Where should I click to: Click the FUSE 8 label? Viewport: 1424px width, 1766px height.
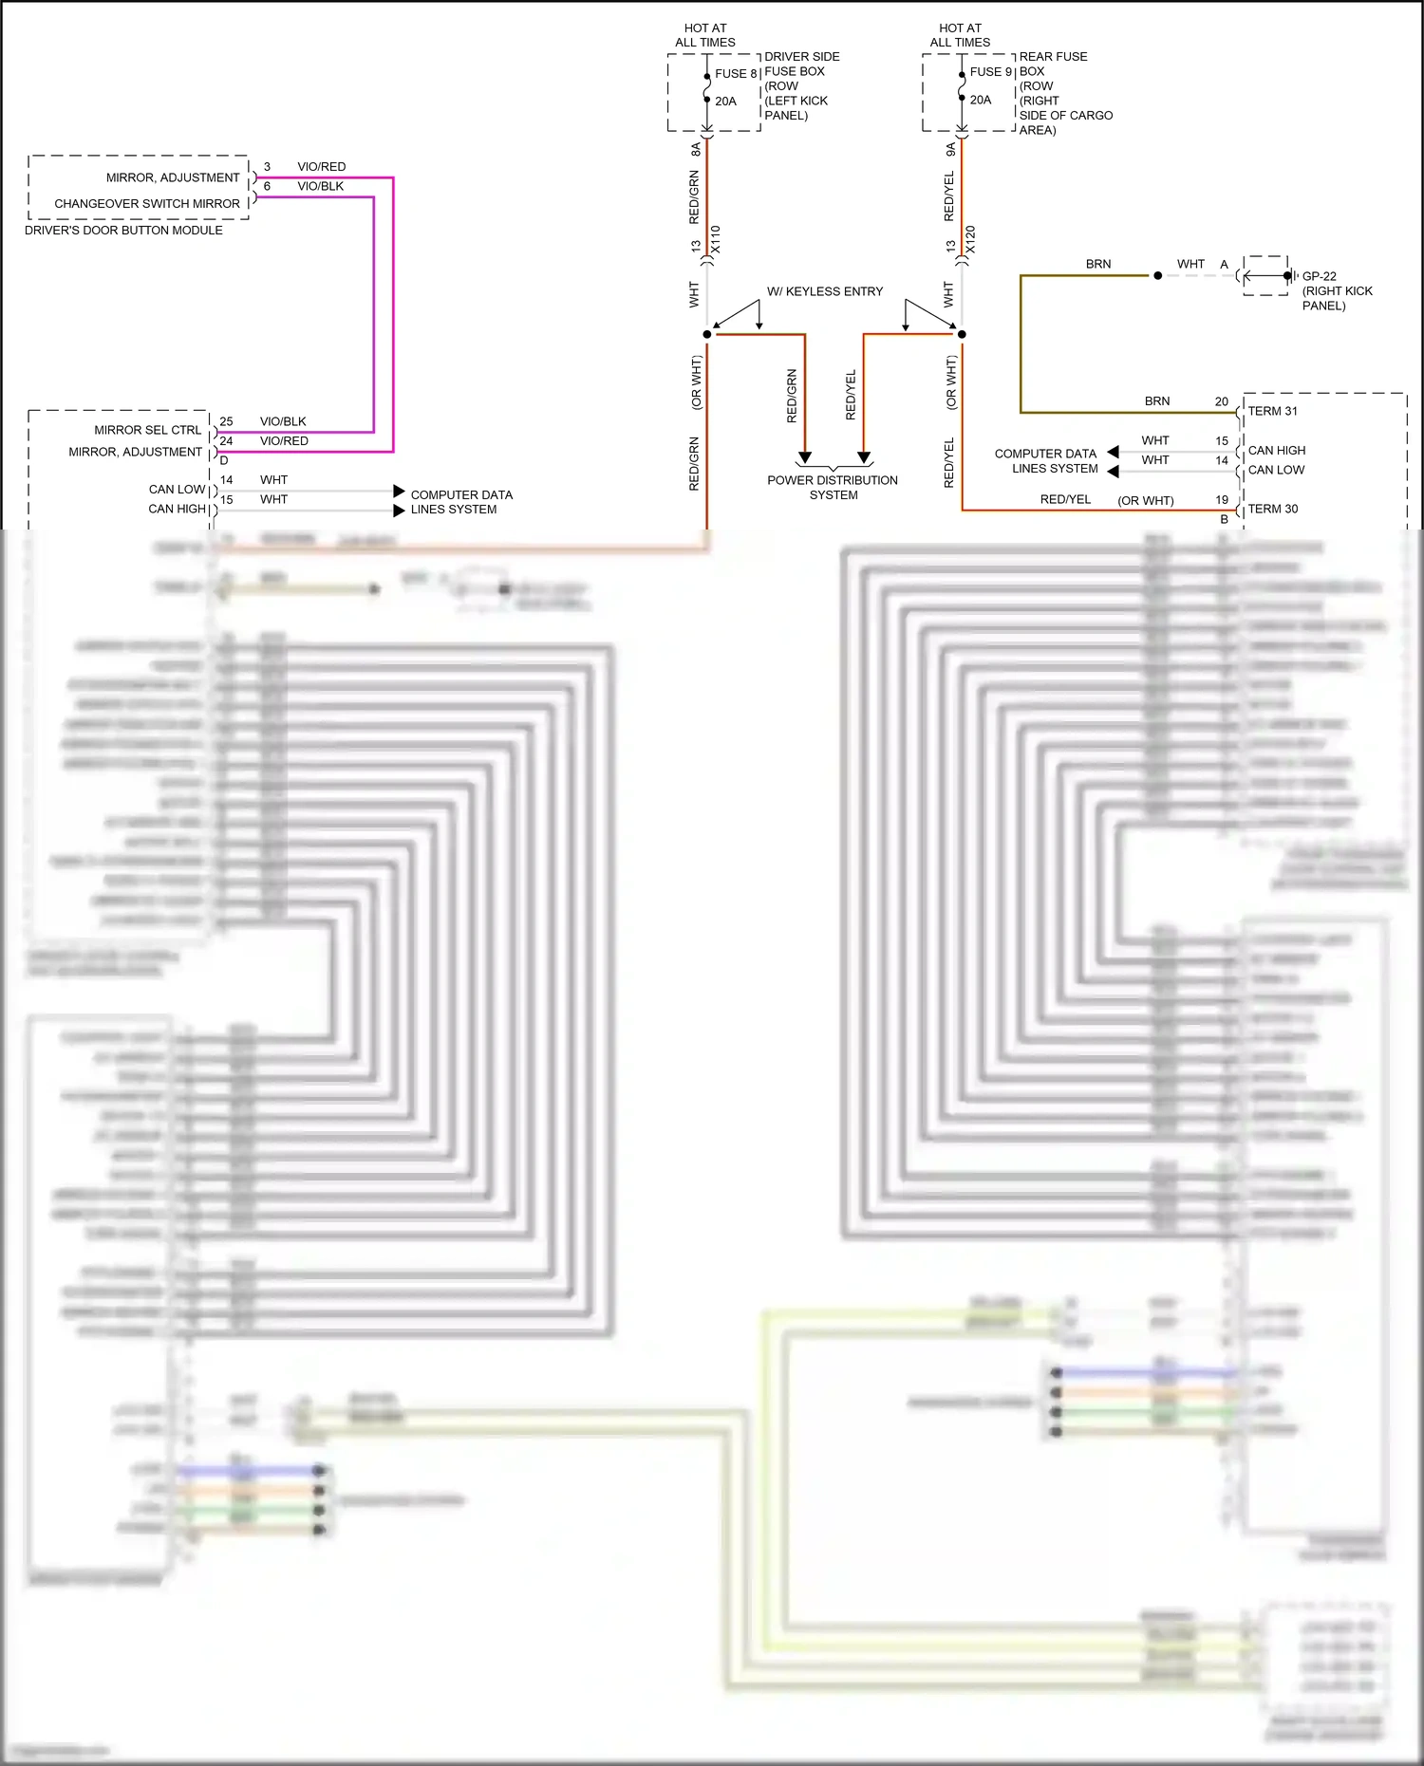pyautogui.click(x=736, y=73)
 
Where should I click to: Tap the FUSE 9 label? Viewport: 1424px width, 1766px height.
pyautogui.click(x=990, y=72)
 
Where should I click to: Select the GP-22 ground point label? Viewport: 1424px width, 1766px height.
pyautogui.click(x=1319, y=276)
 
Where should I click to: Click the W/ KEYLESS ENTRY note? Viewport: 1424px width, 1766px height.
pyautogui.click(x=825, y=291)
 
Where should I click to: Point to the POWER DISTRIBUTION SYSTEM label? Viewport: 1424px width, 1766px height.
pyautogui.click(x=833, y=488)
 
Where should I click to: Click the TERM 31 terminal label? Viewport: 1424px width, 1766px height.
pyautogui.click(x=1272, y=411)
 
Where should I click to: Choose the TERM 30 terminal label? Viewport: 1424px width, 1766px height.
pyautogui.click(x=1272, y=509)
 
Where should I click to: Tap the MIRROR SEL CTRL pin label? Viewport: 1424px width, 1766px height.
pyautogui.click(x=148, y=430)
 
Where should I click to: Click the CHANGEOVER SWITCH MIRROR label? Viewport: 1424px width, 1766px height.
pyautogui.click(x=147, y=203)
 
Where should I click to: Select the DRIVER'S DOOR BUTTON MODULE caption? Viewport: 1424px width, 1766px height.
pyautogui.click(x=123, y=231)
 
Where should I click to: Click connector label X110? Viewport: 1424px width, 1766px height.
pyautogui.click(x=716, y=239)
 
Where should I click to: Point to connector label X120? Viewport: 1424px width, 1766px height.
pyautogui.click(x=970, y=239)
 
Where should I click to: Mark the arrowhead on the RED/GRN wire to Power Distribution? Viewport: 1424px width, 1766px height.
pyautogui.click(x=805, y=457)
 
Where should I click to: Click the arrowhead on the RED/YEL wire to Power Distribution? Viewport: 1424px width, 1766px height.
pyautogui.click(x=864, y=457)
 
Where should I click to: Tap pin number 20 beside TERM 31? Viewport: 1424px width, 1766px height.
pyautogui.click(x=1222, y=401)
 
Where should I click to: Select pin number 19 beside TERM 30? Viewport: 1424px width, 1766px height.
pyautogui.click(x=1222, y=500)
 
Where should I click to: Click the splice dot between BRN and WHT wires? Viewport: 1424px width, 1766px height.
pyautogui.click(x=1157, y=276)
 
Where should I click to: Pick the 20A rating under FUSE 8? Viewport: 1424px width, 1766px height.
pyautogui.click(x=725, y=102)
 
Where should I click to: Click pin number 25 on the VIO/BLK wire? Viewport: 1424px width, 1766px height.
pyautogui.click(x=226, y=421)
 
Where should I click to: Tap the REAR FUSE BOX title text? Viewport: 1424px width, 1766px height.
pyautogui.click(x=1053, y=64)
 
